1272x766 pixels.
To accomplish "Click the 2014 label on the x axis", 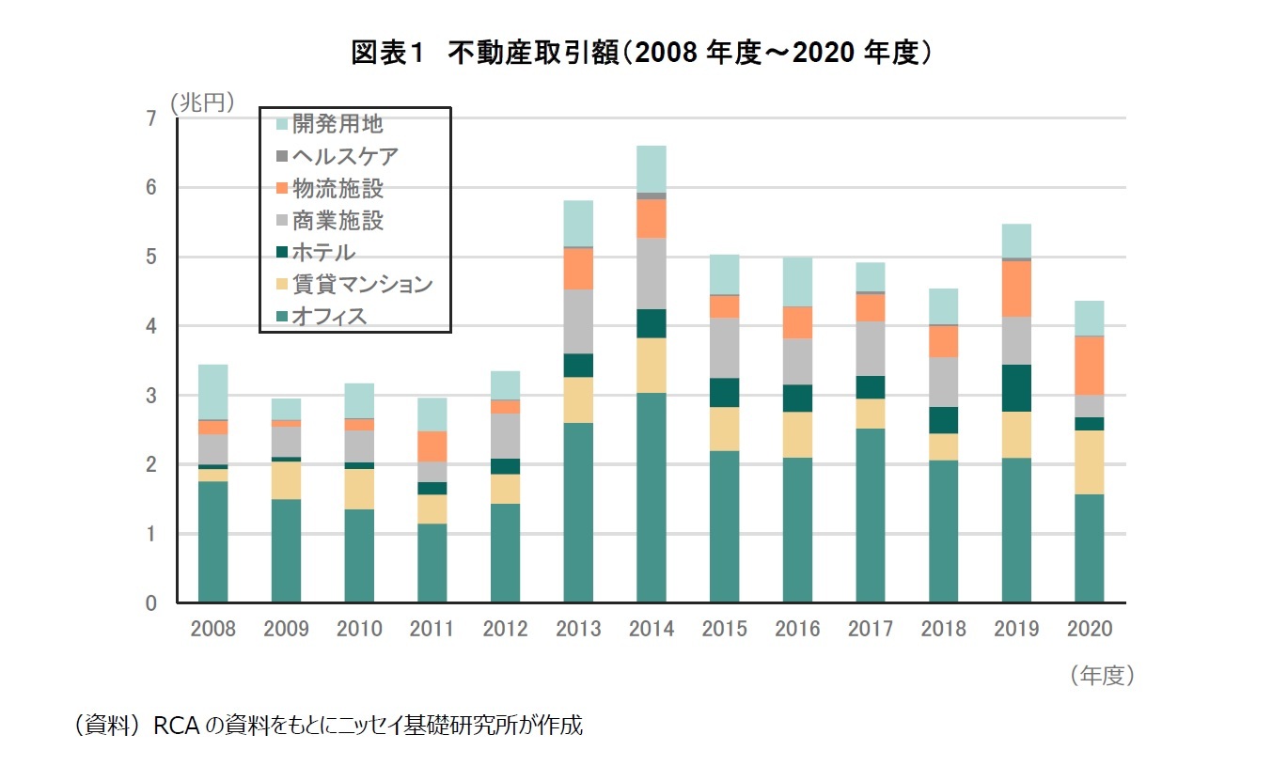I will [652, 629].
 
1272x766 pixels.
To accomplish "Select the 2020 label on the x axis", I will [1090, 629].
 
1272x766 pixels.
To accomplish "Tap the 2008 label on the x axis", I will [213, 629].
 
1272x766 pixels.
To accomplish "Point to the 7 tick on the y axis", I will [151, 118].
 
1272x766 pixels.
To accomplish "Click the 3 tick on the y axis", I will [151, 396].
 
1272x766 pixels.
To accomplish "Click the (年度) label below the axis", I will [1102, 676].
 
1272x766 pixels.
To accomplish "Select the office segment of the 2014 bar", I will [652, 497].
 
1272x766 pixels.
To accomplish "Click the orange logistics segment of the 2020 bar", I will [1090, 366].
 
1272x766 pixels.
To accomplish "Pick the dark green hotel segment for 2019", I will [1016, 388].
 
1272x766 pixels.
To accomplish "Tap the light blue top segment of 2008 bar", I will [213, 392].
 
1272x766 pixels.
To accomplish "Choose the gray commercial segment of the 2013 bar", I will [578, 321].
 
